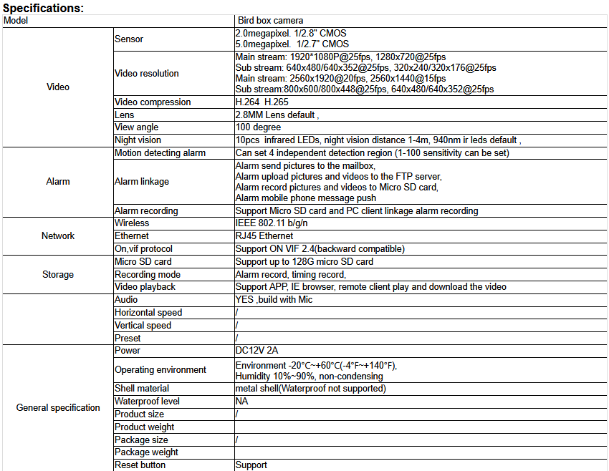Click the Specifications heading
(x=44, y=8)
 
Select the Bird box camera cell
(x=270, y=21)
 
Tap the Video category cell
(x=58, y=87)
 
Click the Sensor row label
(x=129, y=39)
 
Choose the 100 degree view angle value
(x=258, y=127)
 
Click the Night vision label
(x=138, y=140)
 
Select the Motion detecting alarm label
(x=160, y=153)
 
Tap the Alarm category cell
(x=58, y=181)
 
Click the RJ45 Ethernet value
(x=264, y=236)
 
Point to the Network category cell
(x=58, y=235)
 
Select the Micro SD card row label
(x=143, y=262)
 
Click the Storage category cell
(x=58, y=274)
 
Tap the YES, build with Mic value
(x=274, y=300)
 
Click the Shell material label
(x=141, y=389)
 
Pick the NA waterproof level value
(x=241, y=402)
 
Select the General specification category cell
(x=58, y=408)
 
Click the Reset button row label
(x=140, y=465)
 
